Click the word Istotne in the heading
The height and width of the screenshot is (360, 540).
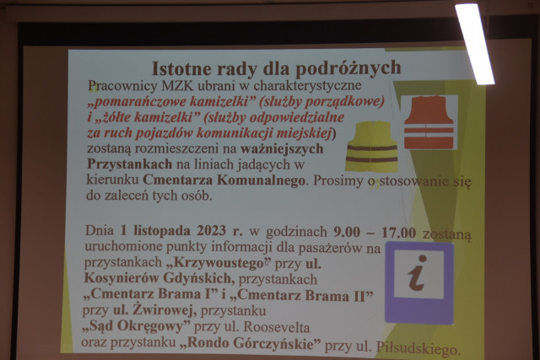click(x=181, y=69)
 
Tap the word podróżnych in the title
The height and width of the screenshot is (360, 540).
click(x=348, y=68)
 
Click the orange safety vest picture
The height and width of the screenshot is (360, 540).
click(x=429, y=122)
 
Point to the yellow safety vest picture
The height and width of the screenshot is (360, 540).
click(x=371, y=146)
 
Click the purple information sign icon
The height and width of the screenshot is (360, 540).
click(x=418, y=283)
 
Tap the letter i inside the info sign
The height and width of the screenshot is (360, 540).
click(x=418, y=273)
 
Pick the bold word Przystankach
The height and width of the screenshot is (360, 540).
click(x=129, y=164)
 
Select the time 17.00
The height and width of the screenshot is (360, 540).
click(x=398, y=233)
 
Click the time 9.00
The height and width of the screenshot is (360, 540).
click(x=347, y=232)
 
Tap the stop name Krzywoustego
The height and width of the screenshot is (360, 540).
click(x=218, y=263)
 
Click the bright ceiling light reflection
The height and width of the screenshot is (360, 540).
click(x=474, y=44)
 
